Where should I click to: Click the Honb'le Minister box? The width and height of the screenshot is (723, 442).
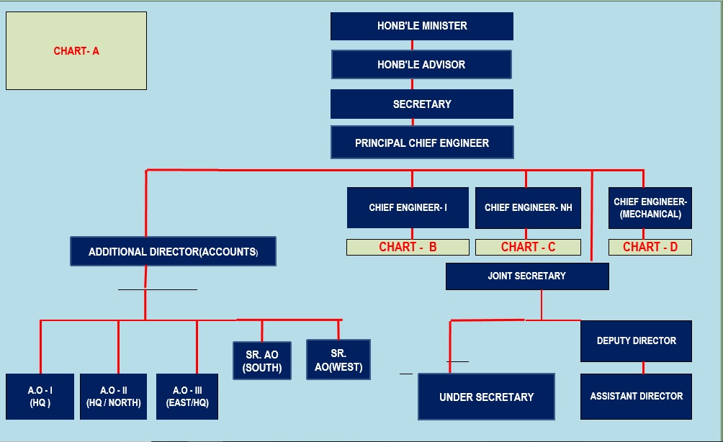coord(421,26)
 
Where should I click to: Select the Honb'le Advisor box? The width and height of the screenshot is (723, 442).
coord(421,64)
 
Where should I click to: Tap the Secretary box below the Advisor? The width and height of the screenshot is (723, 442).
coord(421,104)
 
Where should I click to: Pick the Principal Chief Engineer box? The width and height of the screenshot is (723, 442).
coord(421,143)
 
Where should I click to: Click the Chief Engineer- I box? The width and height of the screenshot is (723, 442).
coord(408,207)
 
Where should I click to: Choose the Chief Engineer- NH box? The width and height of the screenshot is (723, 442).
coord(528,207)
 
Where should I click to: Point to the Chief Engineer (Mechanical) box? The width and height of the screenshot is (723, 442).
coord(650,207)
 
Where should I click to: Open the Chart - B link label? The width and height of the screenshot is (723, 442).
coord(408,247)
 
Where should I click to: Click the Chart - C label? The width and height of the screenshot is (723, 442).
coord(528,247)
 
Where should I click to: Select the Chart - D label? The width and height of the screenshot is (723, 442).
coord(650,247)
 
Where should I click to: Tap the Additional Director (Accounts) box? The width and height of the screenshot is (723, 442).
coord(173,251)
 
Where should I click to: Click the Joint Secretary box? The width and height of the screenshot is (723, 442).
coord(526,276)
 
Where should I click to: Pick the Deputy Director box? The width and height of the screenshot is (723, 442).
coord(636,340)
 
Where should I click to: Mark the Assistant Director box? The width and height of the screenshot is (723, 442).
coord(636,396)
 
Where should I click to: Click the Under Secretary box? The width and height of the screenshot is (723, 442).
coord(486,397)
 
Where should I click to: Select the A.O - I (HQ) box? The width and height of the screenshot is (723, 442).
coord(40,396)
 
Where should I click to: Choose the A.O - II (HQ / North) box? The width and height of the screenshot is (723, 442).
coord(113,396)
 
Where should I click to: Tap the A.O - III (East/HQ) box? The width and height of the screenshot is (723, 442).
coord(187,396)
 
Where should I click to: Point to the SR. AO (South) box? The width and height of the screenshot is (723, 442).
coord(261,361)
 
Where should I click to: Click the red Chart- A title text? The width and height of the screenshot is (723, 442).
coord(76,51)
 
